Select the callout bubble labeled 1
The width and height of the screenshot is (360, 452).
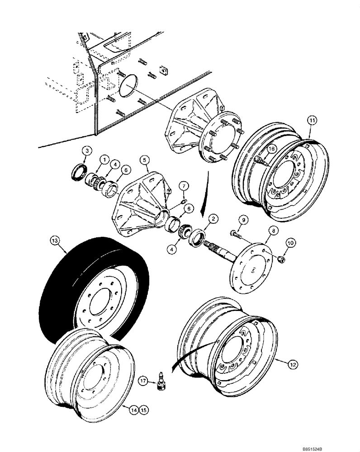coord(104,159)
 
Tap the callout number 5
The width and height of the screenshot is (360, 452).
coord(144,159)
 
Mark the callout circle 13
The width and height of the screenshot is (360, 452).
coord(55,242)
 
